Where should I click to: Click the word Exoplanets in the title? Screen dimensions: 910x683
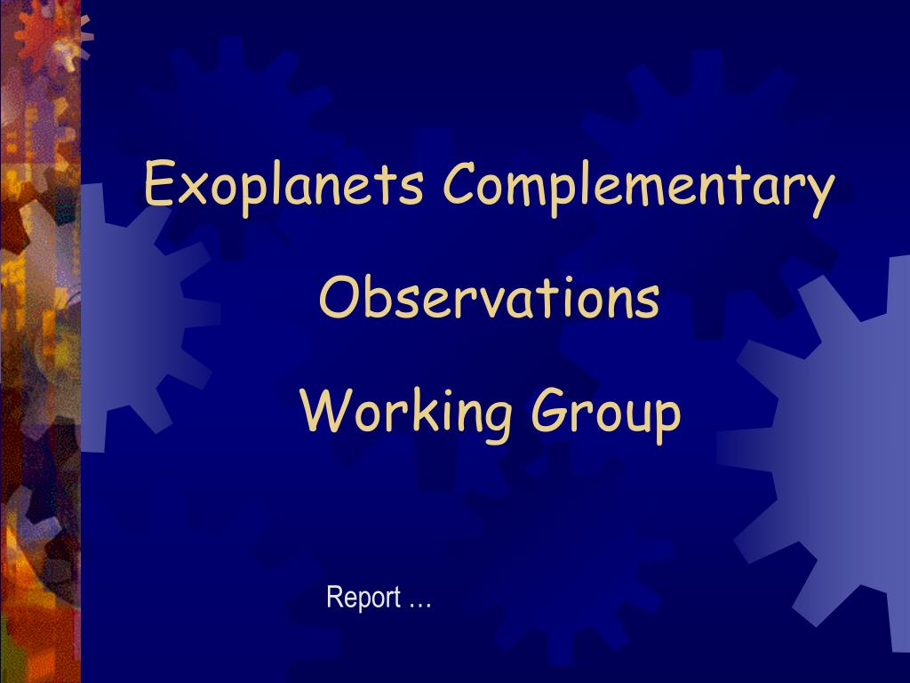click(x=283, y=185)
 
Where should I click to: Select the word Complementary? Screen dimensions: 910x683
click(x=639, y=185)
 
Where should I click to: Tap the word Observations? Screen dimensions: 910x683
click(x=490, y=296)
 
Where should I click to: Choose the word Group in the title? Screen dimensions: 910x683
click(x=606, y=414)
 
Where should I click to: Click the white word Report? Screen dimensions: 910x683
click(x=363, y=598)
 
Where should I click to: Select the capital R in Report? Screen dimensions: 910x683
click(x=334, y=597)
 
